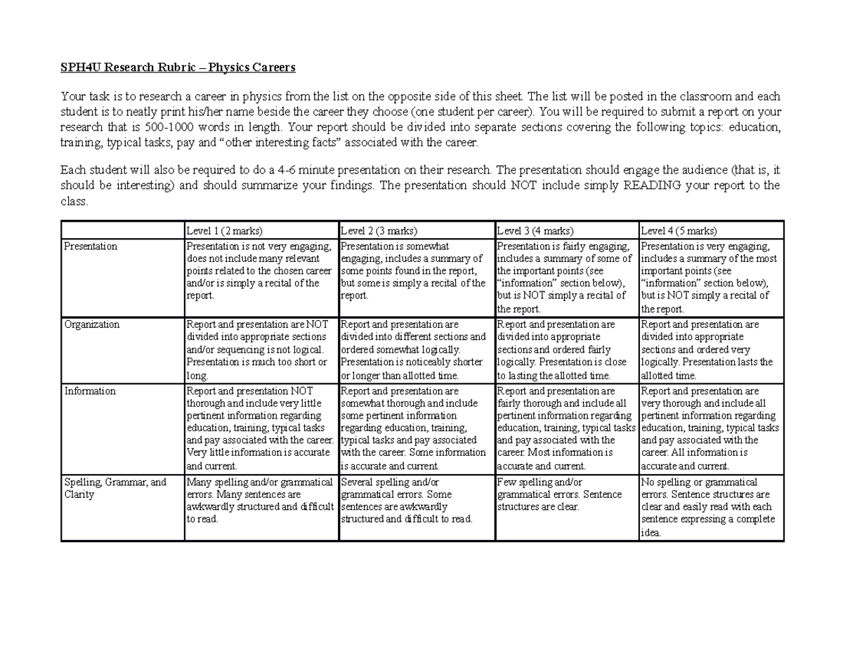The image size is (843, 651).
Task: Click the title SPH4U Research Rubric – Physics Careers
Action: pos(178,67)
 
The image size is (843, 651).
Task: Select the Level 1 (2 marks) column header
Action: pos(223,231)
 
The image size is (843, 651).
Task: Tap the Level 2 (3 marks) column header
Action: pos(379,231)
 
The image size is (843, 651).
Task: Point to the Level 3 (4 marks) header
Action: pos(535,231)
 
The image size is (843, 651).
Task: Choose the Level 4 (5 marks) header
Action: pos(679,231)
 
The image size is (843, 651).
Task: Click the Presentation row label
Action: pos(91,246)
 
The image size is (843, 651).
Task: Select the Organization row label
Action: pos(91,324)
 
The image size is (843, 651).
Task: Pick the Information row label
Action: pos(90,391)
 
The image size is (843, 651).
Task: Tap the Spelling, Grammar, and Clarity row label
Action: pos(115,488)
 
